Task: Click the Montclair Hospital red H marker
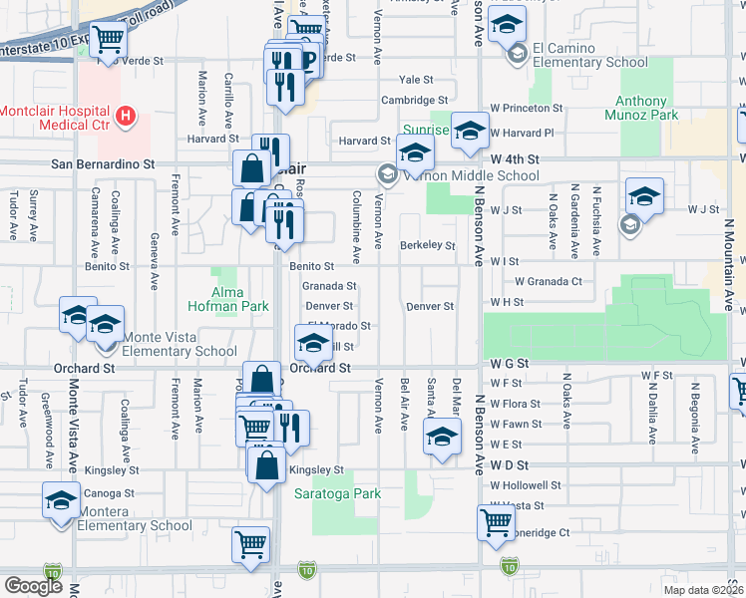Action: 125,117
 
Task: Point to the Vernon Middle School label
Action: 454,176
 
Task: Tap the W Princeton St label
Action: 525,108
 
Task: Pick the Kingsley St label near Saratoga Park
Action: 315,470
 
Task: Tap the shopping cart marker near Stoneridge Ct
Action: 496,520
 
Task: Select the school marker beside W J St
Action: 644,195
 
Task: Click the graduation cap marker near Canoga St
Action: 61,499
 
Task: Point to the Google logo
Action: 33,587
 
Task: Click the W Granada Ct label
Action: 548,282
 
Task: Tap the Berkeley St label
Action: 427,245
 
